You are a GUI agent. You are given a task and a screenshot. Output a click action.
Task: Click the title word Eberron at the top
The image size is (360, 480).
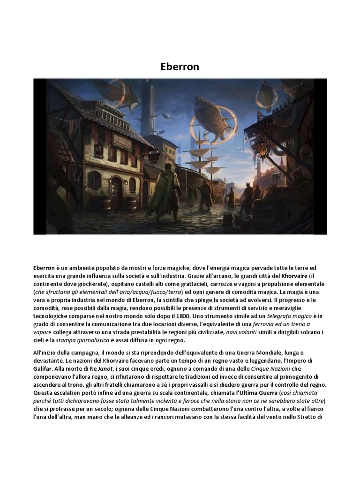(x=180, y=67)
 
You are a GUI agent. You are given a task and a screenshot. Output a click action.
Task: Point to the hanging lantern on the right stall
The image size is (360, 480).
(x=263, y=150)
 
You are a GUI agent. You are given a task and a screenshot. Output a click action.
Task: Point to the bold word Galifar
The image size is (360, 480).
(x=44, y=368)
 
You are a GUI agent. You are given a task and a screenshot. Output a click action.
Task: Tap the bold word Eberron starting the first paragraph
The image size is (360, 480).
(x=45, y=269)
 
